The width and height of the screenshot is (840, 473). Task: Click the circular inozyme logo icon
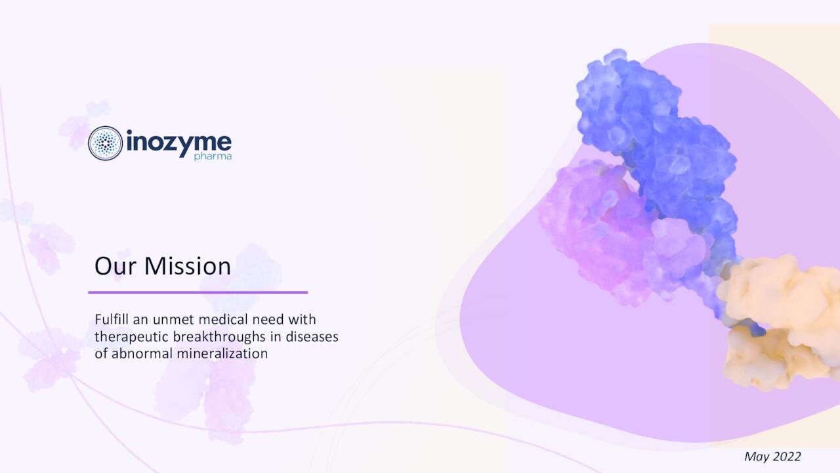(105, 143)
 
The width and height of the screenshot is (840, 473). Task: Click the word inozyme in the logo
(177, 141)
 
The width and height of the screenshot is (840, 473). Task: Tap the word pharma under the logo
(213, 157)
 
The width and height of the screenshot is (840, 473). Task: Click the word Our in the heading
(115, 266)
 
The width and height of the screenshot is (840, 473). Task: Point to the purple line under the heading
(198, 292)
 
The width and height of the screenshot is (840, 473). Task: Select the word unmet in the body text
(173, 320)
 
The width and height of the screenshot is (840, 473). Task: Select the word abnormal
(138, 353)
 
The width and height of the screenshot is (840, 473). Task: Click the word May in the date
(756, 457)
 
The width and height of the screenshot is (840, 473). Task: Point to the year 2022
(787, 457)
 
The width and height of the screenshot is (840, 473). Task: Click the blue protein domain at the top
(650, 131)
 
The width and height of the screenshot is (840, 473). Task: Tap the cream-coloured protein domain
(774, 315)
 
